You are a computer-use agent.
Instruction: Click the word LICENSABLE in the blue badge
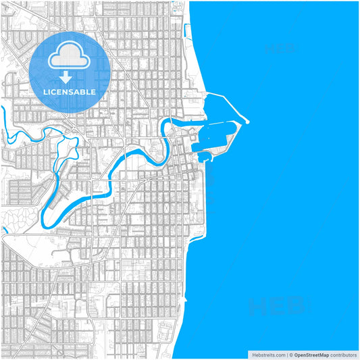[x=70, y=91]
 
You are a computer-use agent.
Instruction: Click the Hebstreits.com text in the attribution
[x=267, y=354]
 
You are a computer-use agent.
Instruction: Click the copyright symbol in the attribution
[x=290, y=354]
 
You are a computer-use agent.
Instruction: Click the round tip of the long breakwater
[x=247, y=122]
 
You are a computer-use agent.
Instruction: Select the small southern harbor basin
[x=205, y=157]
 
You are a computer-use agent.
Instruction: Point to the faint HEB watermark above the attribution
[x=277, y=308]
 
